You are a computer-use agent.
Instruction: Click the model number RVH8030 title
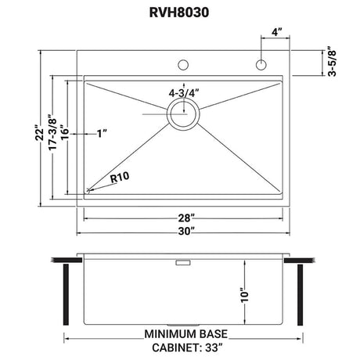pos(179,13)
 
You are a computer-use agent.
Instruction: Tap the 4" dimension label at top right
pos(277,32)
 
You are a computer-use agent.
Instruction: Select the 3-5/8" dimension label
pos(332,62)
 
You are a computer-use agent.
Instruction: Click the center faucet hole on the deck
pos(183,65)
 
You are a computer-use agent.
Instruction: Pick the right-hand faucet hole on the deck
pos(261,65)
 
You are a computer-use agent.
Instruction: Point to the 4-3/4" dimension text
pos(184,93)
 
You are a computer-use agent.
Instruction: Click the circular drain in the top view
pos(183,114)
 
